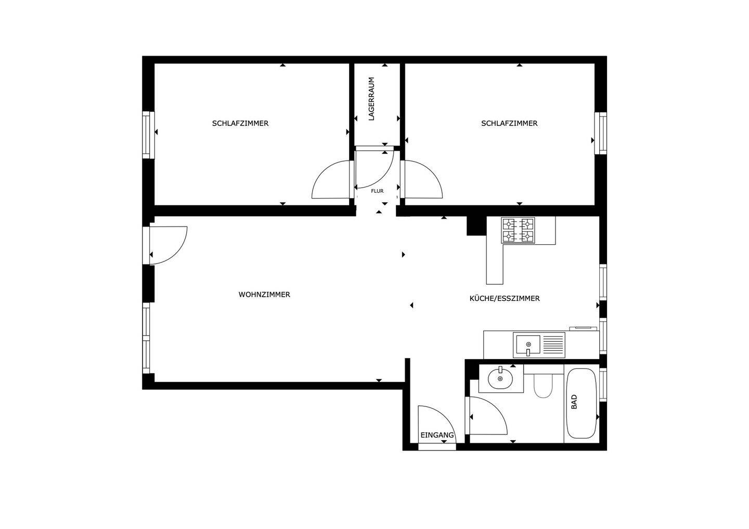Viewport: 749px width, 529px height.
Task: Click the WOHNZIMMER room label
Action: pos(264,295)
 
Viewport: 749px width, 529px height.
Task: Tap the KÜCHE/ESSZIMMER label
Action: pos(504,298)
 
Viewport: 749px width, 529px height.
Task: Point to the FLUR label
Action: pos(377,191)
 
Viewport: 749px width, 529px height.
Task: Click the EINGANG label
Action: pos(437,435)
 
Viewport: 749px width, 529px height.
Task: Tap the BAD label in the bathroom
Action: pos(574,402)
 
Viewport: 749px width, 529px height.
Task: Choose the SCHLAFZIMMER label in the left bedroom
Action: pos(240,123)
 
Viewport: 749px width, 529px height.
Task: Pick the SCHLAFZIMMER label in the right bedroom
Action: pos(509,123)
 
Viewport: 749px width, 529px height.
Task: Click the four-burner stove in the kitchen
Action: pos(518,230)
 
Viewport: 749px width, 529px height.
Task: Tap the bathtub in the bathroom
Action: pos(582,403)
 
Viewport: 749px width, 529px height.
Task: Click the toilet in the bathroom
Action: pos(543,384)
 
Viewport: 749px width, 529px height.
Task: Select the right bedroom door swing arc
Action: pos(424,181)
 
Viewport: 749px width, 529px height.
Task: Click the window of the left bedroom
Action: pos(147,135)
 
